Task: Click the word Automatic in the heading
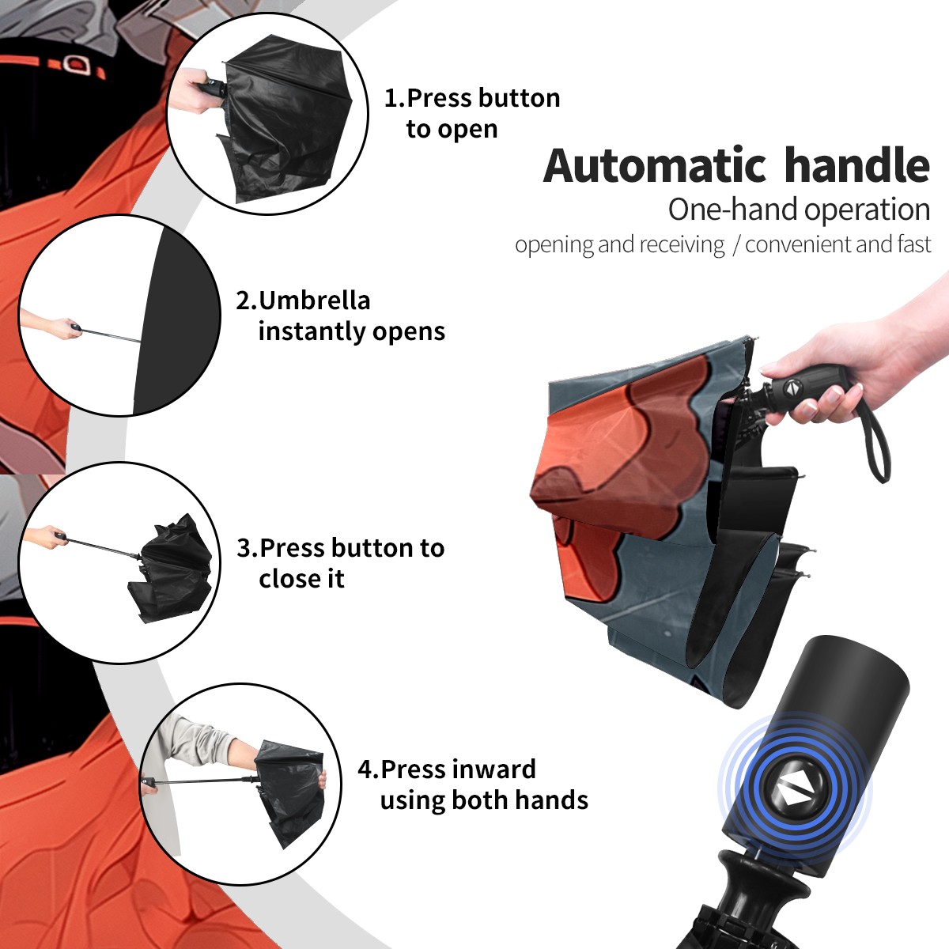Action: (655, 166)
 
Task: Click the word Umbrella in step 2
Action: (314, 301)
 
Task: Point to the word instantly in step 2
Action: (312, 331)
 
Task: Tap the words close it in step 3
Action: (301, 578)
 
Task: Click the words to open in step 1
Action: (452, 130)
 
